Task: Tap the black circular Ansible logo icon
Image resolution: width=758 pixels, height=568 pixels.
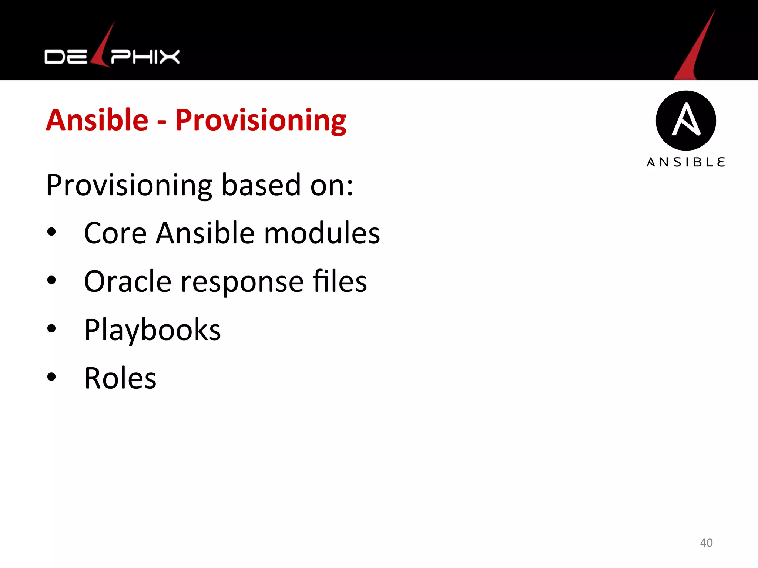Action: coord(686,121)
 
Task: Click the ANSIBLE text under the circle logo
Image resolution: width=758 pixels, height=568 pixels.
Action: coord(686,162)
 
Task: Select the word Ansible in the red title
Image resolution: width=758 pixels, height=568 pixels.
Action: coord(97,120)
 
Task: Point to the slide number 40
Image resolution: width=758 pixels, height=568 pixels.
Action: coord(706,542)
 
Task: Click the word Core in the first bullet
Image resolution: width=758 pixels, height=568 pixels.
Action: coord(115,233)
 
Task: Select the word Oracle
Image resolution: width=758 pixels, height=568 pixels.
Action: coord(128,281)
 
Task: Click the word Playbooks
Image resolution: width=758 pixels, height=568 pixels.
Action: coord(152,330)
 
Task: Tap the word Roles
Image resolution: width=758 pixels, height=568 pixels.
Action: coord(120,378)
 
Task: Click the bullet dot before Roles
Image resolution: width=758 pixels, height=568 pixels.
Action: coord(51,377)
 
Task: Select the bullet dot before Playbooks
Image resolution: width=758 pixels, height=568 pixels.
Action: coord(51,328)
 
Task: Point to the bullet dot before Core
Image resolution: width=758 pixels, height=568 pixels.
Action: coord(51,232)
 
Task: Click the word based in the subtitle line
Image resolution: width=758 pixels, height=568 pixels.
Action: coord(261,185)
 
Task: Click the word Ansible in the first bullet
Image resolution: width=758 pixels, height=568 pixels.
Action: coord(205,233)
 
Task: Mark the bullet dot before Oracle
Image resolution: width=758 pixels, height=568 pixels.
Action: coord(51,280)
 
